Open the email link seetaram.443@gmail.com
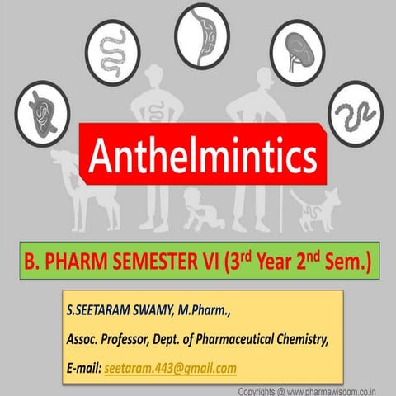coord(171,368)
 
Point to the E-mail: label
coord(84,368)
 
